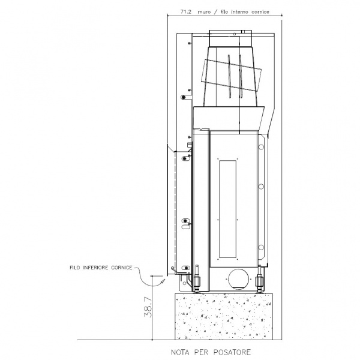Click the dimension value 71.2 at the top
point(186,12)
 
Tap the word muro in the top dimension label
point(204,12)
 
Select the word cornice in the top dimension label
point(260,12)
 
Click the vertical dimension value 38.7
point(148,307)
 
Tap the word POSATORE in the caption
point(232,352)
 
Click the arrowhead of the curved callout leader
point(163,281)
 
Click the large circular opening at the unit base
point(238,279)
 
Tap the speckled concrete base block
point(224,316)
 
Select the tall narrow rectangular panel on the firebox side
point(228,209)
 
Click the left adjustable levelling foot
point(197,280)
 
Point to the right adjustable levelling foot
point(259,280)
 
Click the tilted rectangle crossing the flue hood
point(231,76)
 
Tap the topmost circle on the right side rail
point(261,147)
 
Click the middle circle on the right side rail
point(261,187)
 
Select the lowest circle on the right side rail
point(261,247)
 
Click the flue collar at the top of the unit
point(230,38)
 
